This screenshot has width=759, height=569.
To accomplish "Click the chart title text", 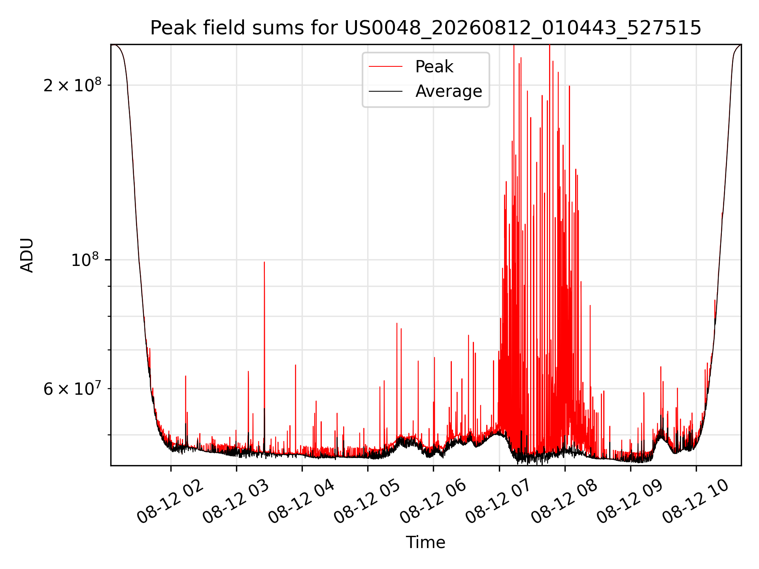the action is [426, 28].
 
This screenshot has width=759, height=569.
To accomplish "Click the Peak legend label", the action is [434, 67].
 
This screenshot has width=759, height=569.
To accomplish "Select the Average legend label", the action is [449, 91].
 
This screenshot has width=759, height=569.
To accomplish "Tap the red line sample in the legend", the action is [385, 67].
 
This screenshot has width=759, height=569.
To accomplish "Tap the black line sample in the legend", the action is [385, 91].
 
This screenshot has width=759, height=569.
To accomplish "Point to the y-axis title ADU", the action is [27, 255].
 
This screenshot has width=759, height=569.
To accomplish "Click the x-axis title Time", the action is [426, 543].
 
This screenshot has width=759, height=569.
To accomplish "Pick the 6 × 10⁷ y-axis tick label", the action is [72, 388].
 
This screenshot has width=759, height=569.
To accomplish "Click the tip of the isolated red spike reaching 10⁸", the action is [264, 262].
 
